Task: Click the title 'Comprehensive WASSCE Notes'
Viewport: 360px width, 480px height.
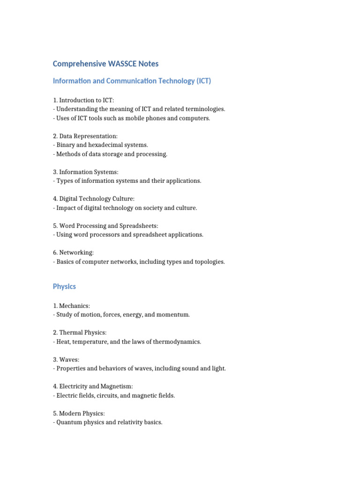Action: coord(105,64)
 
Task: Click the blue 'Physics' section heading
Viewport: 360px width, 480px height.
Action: coord(64,286)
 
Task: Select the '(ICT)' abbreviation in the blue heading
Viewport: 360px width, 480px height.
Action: coord(204,81)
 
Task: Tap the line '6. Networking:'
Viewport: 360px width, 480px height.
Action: coord(74,253)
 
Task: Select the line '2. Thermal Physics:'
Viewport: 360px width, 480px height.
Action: coord(80,333)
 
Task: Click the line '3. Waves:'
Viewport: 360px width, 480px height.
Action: coord(66,360)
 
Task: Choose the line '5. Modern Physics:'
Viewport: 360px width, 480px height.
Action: coord(79,413)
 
